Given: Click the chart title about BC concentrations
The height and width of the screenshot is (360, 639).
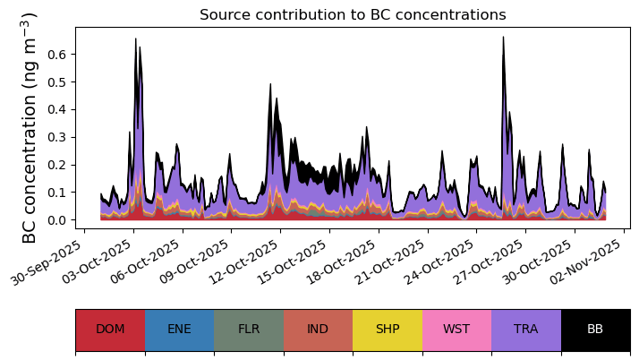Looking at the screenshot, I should [x=353, y=15].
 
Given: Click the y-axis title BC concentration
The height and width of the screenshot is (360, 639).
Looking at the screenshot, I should [x=30, y=128].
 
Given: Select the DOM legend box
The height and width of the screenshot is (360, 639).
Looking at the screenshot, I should [x=110, y=330].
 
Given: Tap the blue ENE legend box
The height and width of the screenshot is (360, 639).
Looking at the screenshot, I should [x=179, y=330].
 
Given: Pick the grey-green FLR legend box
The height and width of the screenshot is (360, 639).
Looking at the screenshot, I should [x=249, y=330].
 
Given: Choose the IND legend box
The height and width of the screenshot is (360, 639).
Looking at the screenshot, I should [x=318, y=330].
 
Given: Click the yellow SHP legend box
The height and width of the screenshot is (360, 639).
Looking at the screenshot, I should [x=388, y=330].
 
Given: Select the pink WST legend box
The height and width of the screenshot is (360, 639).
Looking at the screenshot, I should [x=456, y=330].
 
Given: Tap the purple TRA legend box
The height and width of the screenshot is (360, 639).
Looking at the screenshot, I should [x=526, y=330].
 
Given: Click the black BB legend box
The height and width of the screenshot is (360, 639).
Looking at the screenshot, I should [x=595, y=330].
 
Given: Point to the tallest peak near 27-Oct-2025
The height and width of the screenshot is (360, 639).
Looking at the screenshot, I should [x=503, y=38].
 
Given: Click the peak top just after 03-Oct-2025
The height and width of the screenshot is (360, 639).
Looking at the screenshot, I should [x=136, y=39].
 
